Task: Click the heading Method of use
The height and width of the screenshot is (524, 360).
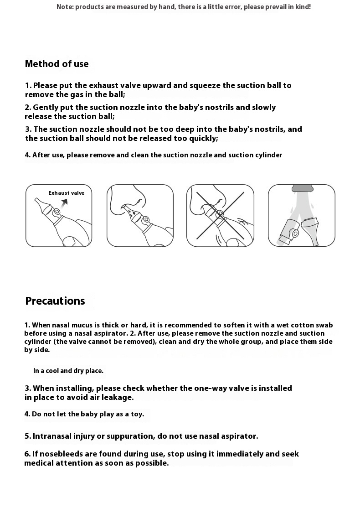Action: tap(57, 64)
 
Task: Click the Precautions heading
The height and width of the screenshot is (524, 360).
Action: tap(55, 301)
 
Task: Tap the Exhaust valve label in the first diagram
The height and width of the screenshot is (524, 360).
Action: tap(66, 193)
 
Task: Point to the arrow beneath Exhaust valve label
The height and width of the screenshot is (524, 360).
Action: tap(64, 202)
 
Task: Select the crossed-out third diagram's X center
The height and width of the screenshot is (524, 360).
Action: tap(220, 216)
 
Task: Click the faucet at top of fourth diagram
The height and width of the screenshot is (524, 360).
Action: tap(303, 188)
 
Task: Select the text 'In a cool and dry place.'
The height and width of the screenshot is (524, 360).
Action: tap(68, 371)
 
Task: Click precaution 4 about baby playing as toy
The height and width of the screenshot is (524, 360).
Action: tap(84, 414)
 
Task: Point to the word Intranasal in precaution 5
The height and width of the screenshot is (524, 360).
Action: tap(52, 436)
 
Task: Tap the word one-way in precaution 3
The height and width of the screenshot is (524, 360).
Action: tap(198, 388)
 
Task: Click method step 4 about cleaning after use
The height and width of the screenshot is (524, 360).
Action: tap(153, 155)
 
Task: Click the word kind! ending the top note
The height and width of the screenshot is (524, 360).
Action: tap(303, 7)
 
